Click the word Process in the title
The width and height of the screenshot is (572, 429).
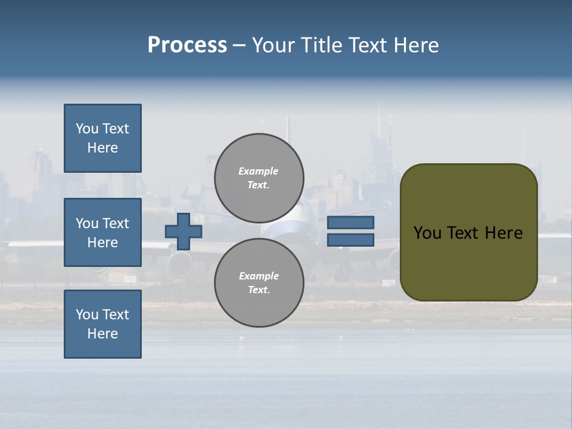[187, 45]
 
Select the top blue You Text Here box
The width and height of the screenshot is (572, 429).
[102, 138]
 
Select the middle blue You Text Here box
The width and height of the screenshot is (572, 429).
[102, 232]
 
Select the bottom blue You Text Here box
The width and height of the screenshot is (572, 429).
[102, 324]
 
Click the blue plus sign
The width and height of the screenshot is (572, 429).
[184, 231]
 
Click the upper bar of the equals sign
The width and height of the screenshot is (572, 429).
[350, 223]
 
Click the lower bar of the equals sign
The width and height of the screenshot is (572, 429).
[350, 240]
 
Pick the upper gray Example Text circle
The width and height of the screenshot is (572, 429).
[259, 178]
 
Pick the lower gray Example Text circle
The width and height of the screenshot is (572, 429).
[259, 282]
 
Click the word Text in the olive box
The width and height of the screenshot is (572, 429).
[468, 233]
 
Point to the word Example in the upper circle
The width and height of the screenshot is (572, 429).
[259, 171]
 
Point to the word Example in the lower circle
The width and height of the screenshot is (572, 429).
[259, 276]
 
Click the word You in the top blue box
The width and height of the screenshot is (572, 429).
[87, 129]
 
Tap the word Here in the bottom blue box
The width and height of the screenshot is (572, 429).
[102, 334]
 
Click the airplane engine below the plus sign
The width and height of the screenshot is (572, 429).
[181, 262]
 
